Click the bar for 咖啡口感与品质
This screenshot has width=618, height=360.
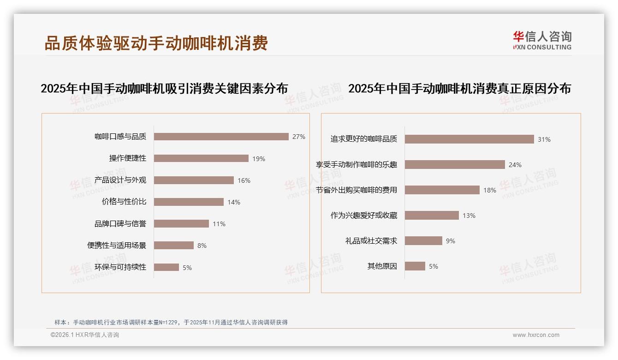(x=221, y=137)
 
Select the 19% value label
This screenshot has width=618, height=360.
(x=259, y=159)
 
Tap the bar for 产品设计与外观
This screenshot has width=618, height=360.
(x=194, y=180)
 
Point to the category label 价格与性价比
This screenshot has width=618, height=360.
(x=124, y=202)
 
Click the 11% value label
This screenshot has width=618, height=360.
(x=219, y=224)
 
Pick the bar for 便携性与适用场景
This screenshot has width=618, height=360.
(x=174, y=246)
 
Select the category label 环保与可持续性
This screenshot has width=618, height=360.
(x=120, y=267)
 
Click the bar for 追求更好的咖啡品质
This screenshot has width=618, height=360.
(x=469, y=139)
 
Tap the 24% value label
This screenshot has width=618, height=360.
(x=515, y=165)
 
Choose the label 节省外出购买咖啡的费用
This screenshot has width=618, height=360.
(x=357, y=190)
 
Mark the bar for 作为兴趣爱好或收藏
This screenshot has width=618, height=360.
(x=432, y=216)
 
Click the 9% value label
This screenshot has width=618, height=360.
(x=451, y=241)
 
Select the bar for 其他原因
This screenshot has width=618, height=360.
(x=415, y=266)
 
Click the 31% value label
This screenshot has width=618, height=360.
(x=544, y=139)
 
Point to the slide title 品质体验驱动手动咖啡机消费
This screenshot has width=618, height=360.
(x=156, y=43)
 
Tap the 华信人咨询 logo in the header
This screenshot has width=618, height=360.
(x=542, y=41)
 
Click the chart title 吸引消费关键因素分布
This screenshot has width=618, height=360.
(x=164, y=88)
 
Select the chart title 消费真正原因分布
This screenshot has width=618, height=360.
(x=459, y=88)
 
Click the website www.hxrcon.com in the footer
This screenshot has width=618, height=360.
(x=536, y=335)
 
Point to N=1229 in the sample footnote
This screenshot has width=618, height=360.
(x=170, y=322)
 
